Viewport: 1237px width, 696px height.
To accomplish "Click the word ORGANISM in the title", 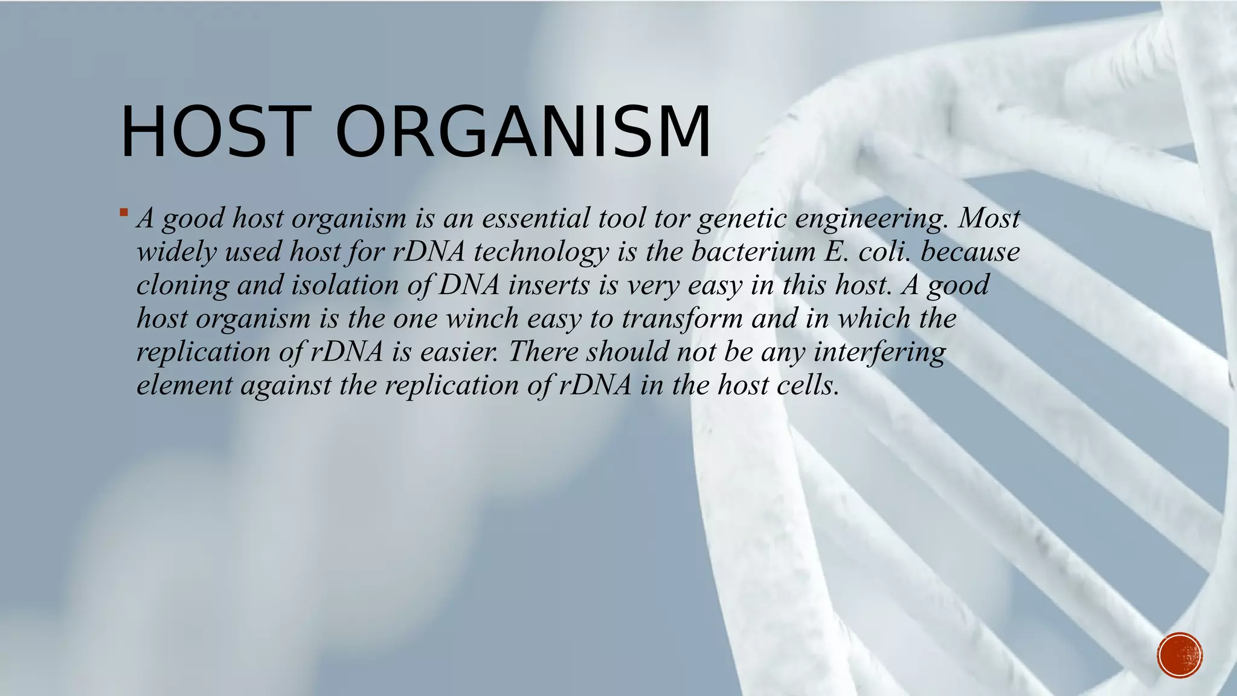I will pos(523,132).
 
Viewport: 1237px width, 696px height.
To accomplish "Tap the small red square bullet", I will pos(123,212).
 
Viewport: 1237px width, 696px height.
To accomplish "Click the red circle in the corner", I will pos(1180,655).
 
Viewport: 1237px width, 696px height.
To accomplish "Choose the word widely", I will pos(176,251).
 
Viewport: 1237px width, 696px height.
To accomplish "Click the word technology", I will pos(541,253).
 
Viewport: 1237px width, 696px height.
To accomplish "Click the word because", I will pos(970,251).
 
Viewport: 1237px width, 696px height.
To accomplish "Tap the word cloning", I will pos(182,285).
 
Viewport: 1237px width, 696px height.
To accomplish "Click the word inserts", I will pos(548,285).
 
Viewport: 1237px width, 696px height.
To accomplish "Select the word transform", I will pos(682,318).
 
